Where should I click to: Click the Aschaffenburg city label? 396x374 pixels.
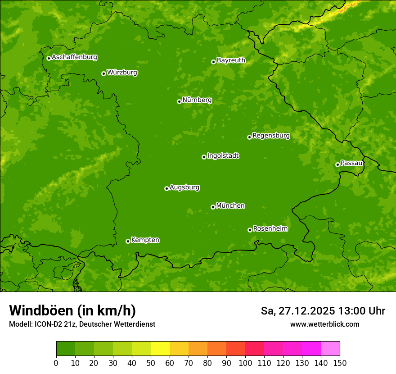click(x=74, y=57)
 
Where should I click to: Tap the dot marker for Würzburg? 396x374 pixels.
click(x=103, y=73)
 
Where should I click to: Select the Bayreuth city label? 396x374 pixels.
click(x=231, y=60)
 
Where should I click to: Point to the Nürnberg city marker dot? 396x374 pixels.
click(x=179, y=101)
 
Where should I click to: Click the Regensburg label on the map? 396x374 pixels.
click(x=271, y=136)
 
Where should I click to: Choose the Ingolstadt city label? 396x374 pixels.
click(x=223, y=156)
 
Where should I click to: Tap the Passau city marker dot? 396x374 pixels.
click(x=337, y=164)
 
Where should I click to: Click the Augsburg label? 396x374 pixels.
click(x=184, y=187)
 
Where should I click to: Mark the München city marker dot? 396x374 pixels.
click(x=213, y=207)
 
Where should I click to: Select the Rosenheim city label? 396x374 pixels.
click(x=270, y=229)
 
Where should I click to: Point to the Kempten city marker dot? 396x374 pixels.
click(x=128, y=241)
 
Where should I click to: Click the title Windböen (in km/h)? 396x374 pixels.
click(x=72, y=311)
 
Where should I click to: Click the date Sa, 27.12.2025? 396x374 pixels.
click(x=298, y=311)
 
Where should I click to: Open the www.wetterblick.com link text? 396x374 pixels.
click(x=324, y=324)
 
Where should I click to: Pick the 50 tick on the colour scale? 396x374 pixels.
click(x=151, y=363)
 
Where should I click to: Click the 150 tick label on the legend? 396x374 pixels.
click(x=340, y=363)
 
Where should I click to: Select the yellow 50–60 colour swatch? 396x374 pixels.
click(x=160, y=349)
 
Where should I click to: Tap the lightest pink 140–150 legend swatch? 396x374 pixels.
click(x=330, y=349)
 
